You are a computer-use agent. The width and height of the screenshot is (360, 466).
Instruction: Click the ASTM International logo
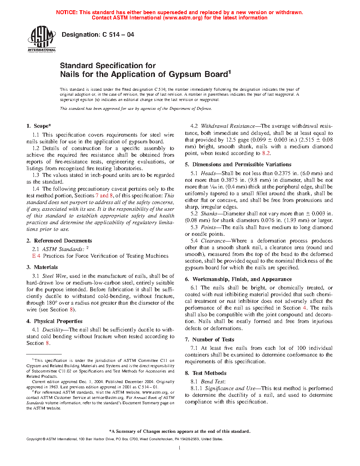[42, 39]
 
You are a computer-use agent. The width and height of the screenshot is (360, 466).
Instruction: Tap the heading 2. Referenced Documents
[59, 241]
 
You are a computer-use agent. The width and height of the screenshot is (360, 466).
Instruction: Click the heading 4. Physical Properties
[54, 321]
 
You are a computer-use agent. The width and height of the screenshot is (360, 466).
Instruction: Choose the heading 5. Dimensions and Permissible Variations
[238, 165]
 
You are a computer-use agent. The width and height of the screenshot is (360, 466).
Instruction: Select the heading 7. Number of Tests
[210, 340]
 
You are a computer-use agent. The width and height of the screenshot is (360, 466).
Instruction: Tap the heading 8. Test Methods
[206, 373]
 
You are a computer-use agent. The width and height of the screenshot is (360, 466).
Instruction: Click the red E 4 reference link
[36, 256]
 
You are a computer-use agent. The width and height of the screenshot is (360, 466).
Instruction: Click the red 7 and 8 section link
[104, 196]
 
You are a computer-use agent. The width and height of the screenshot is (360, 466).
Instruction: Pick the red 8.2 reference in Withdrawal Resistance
[266, 153]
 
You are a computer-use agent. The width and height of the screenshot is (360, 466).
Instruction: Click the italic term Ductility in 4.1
[53, 330]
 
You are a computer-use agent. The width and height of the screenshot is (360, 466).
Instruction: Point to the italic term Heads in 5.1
[208, 173]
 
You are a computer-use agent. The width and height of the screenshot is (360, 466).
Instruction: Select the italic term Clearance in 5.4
[213, 241]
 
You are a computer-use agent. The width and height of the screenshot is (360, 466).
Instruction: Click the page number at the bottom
[180, 448]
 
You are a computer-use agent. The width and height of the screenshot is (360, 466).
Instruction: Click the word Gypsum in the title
[186, 74]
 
